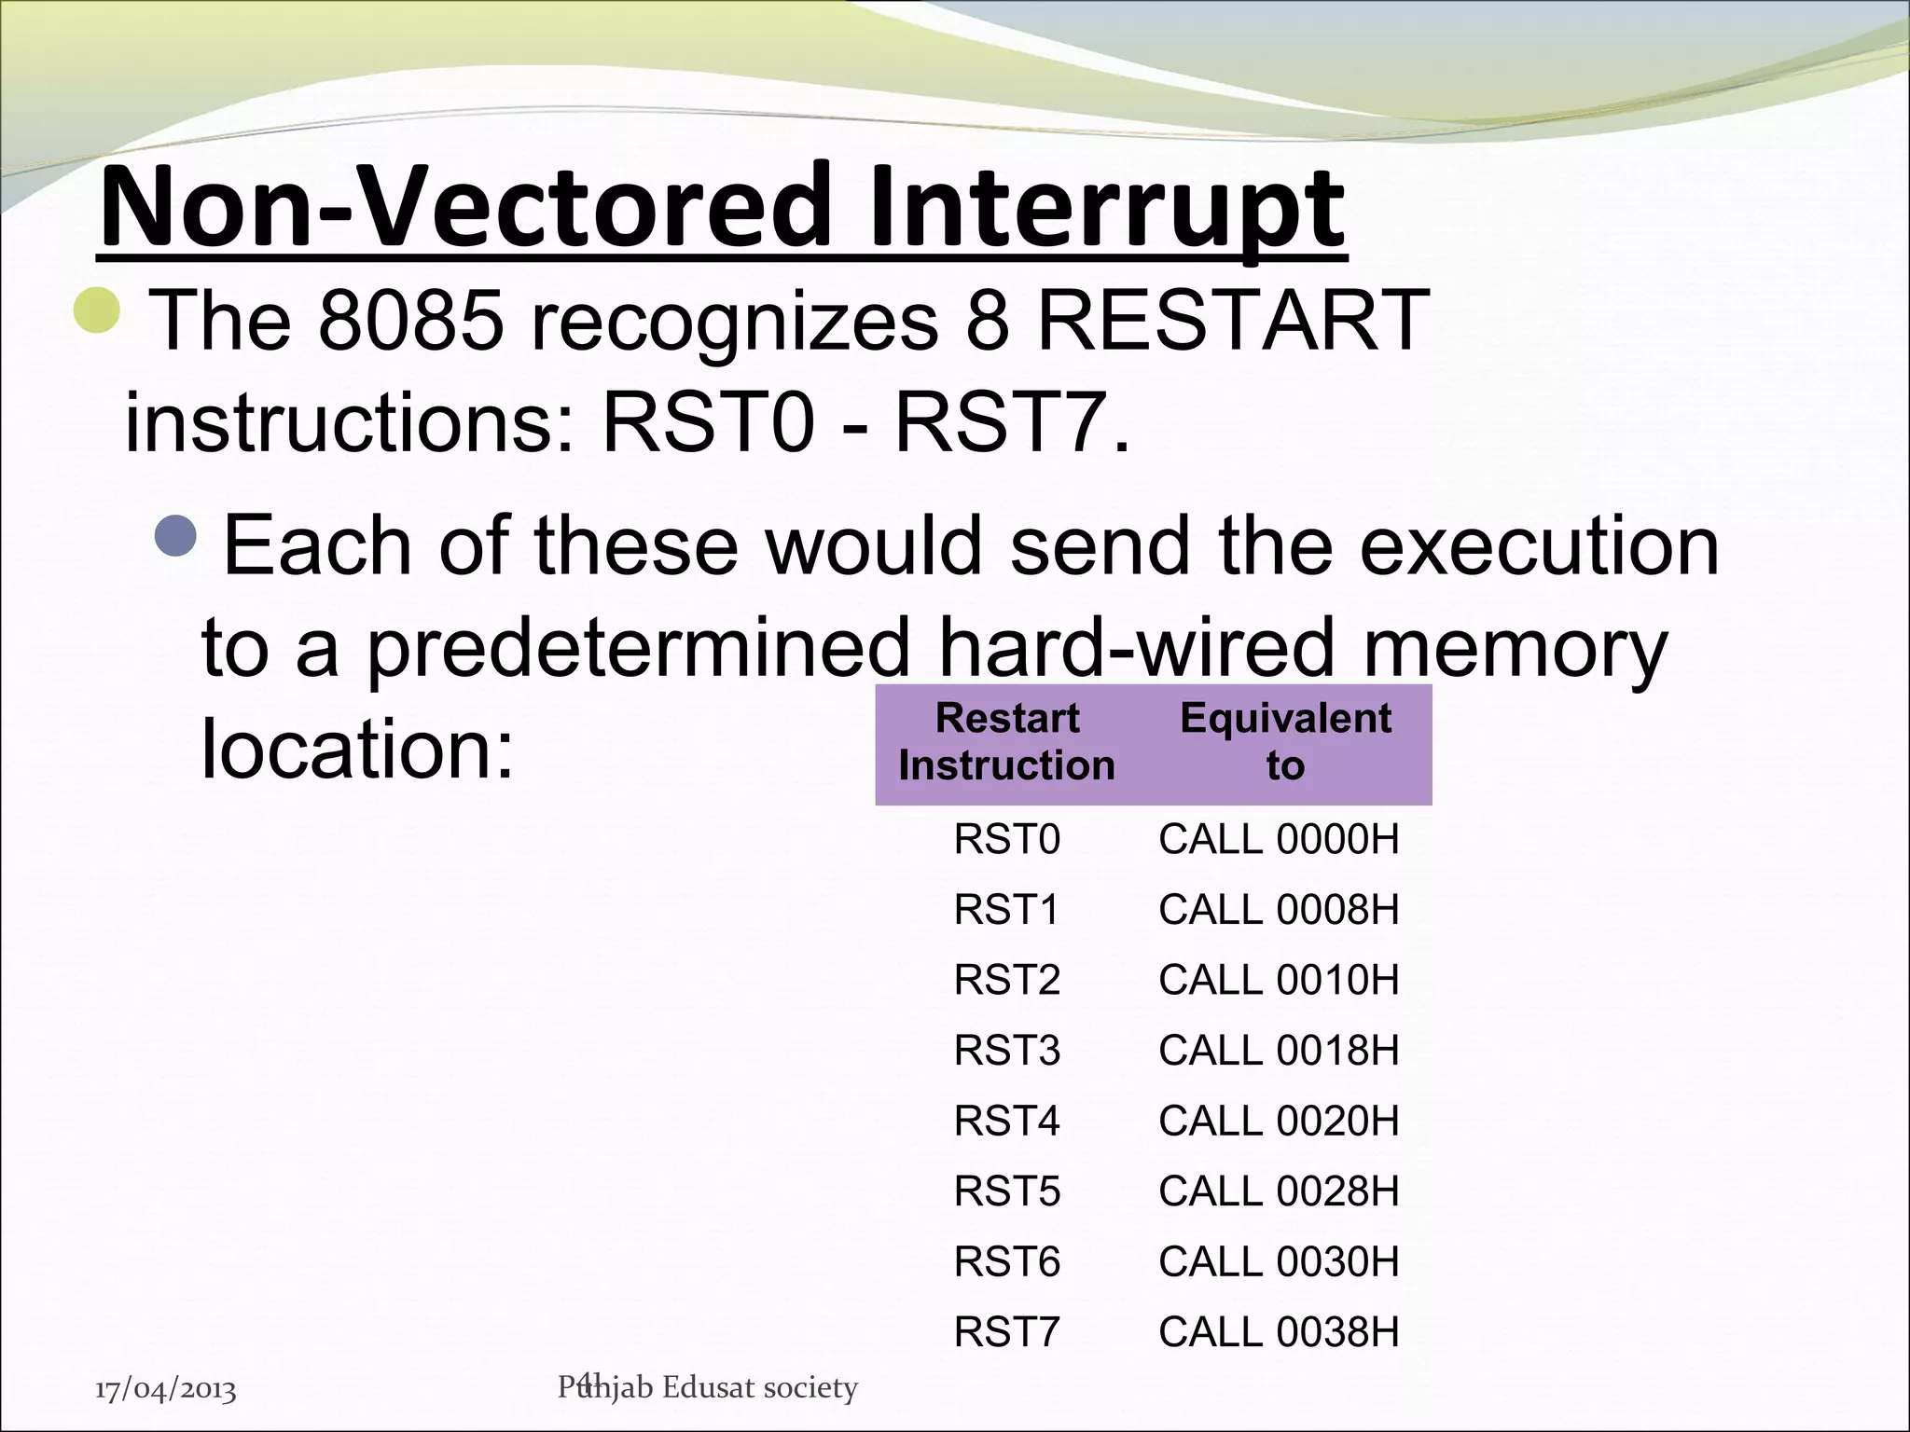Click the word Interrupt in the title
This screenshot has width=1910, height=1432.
1105,210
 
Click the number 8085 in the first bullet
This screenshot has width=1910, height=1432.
410,320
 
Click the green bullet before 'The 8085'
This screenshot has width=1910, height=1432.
97,310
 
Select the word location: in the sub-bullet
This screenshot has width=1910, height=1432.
357,749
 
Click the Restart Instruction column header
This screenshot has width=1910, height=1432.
1006,742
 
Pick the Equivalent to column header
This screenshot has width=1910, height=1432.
1284,742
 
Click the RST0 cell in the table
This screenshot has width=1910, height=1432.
1006,840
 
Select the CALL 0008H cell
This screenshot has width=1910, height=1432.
1279,910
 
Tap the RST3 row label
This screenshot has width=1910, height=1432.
1006,1051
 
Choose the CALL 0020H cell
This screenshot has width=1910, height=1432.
1279,1121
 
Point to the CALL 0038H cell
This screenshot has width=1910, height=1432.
1279,1332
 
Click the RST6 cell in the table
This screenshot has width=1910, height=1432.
1006,1262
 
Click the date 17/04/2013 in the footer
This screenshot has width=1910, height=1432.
166,1390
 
